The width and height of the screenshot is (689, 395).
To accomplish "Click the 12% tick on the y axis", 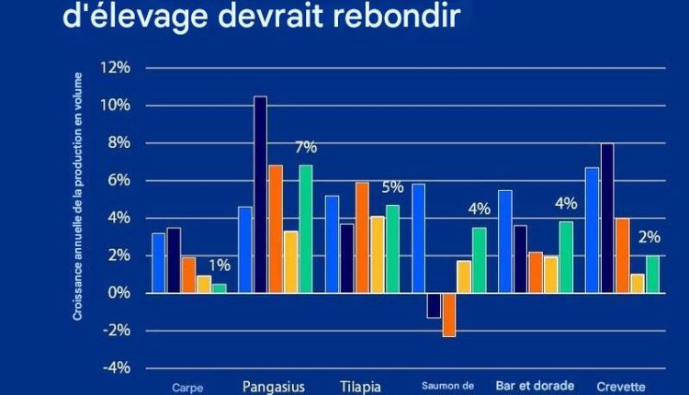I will pyautogui.click(x=117, y=68).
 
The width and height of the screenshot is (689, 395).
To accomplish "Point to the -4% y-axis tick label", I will pyautogui.click(x=117, y=368).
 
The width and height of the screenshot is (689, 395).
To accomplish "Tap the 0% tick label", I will pyautogui.click(x=119, y=293).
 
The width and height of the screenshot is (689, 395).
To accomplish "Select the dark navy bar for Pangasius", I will pyautogui.click(x=260, y=195).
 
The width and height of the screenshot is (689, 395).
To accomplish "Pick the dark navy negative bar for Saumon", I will pyautogui.click(x=434, y=305).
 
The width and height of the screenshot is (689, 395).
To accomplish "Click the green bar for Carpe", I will pyautogui.click(x=219, y=288).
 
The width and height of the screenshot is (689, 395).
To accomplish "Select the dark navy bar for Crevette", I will pyautogui.click(x=607, y=218).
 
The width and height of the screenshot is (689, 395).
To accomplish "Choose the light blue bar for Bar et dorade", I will pyautogui.click(x=504, y=242).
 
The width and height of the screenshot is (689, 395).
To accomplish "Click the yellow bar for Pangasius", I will pyautogui.click(x=289, y=262).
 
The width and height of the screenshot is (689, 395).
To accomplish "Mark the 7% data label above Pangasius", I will pyautogui.click(x=305, y=147).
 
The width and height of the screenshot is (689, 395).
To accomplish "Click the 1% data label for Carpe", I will pyautogui.click(x=220, y=265).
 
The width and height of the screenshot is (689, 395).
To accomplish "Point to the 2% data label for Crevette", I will pyautogui.click(x=649, y=237).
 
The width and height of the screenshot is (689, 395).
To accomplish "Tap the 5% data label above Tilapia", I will pyautogui.click(x=392, y=187).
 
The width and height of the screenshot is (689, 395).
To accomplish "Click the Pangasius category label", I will pyautogui.click(x=274, y=386).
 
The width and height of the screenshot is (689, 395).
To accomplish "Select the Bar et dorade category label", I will pyautogui.click(x=535, y=386).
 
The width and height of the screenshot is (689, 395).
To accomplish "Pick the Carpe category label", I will pyautogui.click(x=187, y=388).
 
